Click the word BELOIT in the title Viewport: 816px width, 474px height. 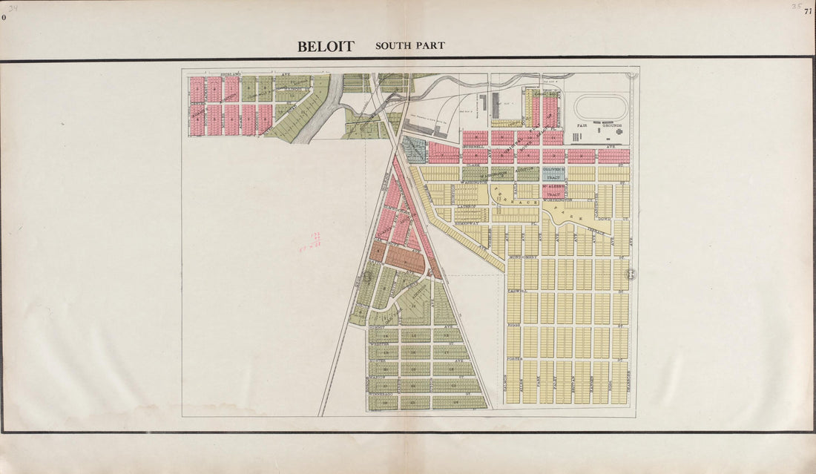point(326,46)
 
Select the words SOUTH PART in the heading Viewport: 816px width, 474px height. point(409,46)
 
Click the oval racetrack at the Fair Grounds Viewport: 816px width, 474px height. point(601,108)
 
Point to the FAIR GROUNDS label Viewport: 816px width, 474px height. point(601,126)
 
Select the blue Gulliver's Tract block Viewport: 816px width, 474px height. point(553,174)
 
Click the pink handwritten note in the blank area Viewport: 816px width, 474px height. point(310,242)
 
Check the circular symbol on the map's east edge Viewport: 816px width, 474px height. point(632,274)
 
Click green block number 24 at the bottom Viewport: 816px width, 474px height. point(460,401)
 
